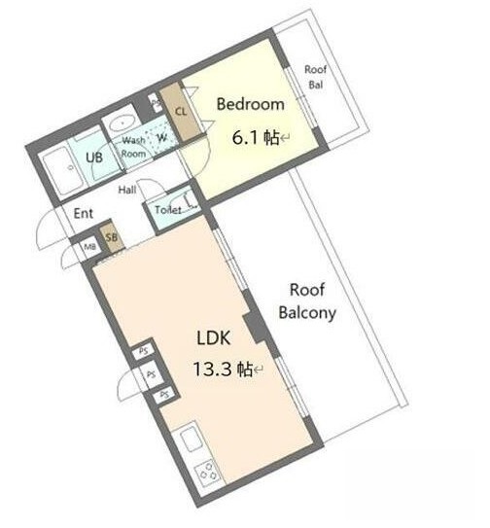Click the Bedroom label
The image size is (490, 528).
click(x=250, y=104)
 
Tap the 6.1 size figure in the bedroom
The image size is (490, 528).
click(x=245, y=138)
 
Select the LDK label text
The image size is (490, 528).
click(x=214, y=337)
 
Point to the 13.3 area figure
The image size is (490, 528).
click(x=212, y=370)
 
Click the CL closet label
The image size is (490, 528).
click(x=181, y=111)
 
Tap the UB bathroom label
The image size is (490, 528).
click(x=94, y=158)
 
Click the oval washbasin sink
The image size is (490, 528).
click(x=122, y=123)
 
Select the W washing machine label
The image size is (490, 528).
click(x=162, y=138)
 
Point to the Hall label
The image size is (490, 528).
click(x=127, y=190)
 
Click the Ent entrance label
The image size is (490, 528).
click(x=84, y=214)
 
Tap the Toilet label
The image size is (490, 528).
click(x=168, y=210)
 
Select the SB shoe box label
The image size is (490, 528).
click(x=112, y=237)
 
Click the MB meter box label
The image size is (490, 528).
click(x=89, y=247)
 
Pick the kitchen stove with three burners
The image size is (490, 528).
click(x=208, y=472)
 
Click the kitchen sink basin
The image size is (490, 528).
click(x=192, y=439)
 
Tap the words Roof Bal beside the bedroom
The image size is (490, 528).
click(x=316, y=77)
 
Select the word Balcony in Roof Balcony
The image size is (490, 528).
click(x=307, y=313)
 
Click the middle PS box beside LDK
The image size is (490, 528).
click(x=152, y=373)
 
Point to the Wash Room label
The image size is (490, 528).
click(x=134, y=147)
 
